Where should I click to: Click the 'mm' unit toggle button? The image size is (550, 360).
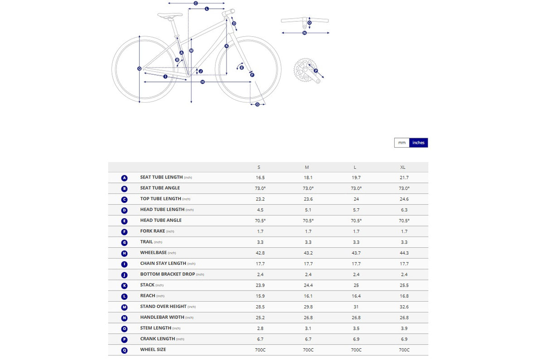[402, 143]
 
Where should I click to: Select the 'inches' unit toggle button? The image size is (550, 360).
[419, 143]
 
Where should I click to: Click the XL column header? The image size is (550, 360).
[403, 167]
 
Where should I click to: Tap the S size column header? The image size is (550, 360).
[259, 167]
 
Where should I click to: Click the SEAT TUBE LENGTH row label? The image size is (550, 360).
[162, 178]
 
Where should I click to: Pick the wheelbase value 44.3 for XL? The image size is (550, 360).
[404, 253]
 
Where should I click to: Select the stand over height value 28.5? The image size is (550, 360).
[260, 307]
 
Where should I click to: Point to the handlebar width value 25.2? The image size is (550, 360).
[260, 317]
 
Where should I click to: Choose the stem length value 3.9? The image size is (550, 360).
[404, 328]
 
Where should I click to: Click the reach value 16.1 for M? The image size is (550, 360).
[308, 296]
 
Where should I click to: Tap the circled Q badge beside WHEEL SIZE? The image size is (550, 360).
[125, 350]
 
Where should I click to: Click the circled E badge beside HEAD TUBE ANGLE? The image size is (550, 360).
[125, 221]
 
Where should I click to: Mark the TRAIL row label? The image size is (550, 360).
[147, 242]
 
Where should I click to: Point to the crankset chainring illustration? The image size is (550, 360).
[303, 69]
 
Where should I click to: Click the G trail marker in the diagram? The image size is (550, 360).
[257, 104]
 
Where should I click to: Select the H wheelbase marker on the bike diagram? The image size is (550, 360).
[203, 82]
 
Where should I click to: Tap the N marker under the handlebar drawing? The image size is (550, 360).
[304, 33]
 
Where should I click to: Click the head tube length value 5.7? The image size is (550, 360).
[356, 210]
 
